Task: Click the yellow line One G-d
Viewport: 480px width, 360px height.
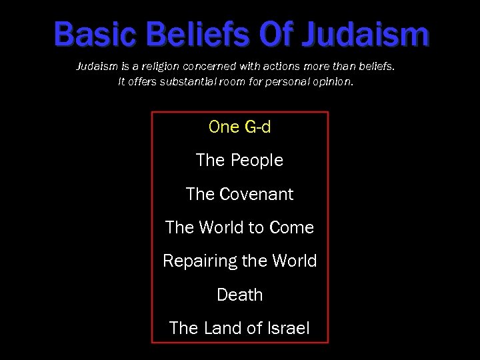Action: (x=240, y=127)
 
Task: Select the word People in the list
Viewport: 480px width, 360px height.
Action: (x=257, y=161)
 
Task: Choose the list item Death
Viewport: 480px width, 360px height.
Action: (x=240, y=295)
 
